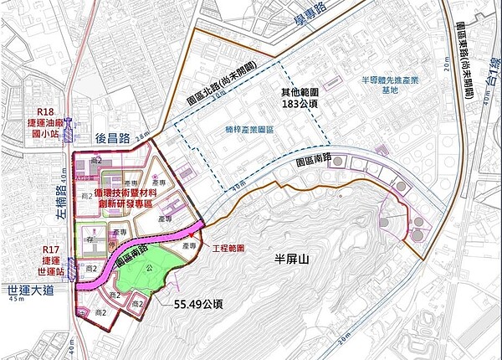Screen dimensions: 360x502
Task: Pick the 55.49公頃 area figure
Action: pyautogui.click(x=197, y=306)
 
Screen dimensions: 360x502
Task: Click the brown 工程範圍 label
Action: pyautogui.click(x=228, y=249)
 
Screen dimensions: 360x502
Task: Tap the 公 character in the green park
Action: pyautogui.click(x=150, y=269)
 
